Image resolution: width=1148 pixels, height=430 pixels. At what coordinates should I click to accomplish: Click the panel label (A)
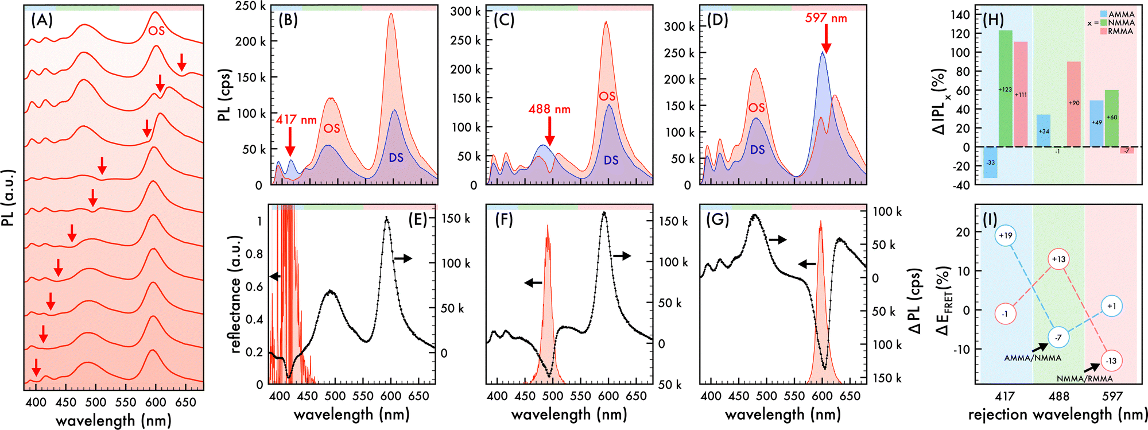[42, 21]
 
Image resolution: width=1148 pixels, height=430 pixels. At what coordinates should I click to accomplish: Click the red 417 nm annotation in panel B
[296, 120]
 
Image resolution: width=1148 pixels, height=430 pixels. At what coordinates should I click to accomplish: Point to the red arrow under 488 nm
[550, 131]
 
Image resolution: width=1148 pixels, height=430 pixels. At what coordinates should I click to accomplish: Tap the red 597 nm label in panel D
[826, 18]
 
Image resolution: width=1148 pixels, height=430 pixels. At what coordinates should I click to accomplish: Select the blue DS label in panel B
[396, 158]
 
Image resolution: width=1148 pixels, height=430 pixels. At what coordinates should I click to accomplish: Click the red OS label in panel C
[607, 96]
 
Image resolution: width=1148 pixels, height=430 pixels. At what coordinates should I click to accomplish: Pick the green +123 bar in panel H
[1005, 88]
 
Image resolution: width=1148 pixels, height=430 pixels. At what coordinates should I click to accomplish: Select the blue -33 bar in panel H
[990, 162]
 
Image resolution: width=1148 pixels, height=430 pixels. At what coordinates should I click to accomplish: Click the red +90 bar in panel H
[1073, 103]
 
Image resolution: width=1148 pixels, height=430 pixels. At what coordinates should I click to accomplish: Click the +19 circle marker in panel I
[1005, 235]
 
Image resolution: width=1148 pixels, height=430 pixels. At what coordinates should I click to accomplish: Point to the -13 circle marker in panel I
[1111, 361]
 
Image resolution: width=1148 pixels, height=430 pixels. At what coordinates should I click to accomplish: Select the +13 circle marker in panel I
[1058, 259]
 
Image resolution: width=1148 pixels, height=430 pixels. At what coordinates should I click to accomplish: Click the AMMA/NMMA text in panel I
[1033, 358]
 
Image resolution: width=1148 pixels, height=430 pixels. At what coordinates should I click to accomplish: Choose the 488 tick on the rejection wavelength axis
[1058, 396]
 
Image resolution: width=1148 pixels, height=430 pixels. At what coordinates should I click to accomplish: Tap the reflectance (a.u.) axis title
[236, 294]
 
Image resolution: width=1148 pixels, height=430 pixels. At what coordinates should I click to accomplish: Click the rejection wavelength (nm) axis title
[1057, 414]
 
